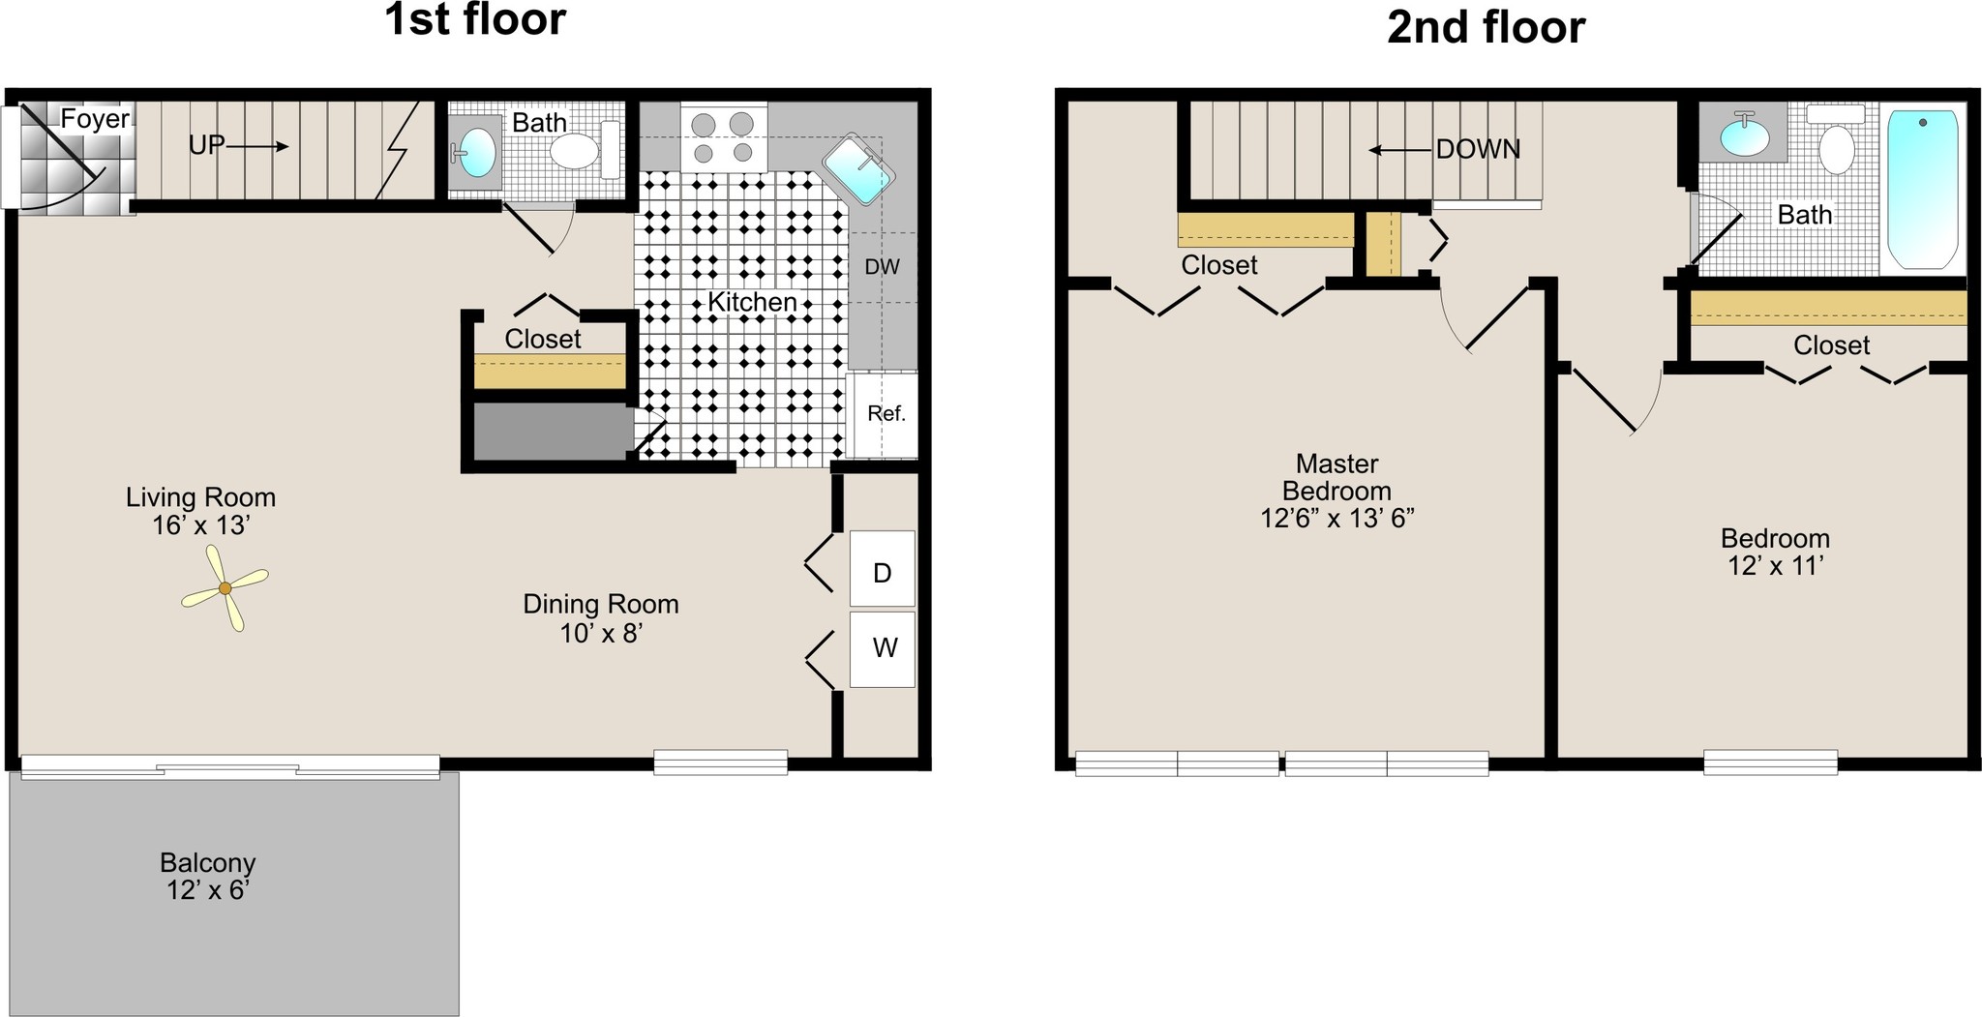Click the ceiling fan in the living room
click(225, 587)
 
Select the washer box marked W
click(882, 649)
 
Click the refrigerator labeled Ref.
click(882, 415)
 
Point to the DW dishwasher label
click(882, 267)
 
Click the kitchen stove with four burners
click(724, 136)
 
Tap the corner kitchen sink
click(858, 169)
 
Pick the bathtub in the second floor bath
click(1922, 189)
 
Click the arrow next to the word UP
click(258, 146)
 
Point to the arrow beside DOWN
click(1399, 150)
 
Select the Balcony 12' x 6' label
click(208, 876)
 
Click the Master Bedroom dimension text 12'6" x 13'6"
click(1337, 519)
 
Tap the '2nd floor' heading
click(1486, 27)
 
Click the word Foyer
click(95, 119)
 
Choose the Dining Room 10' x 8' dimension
click(602, 634)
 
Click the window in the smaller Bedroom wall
click(1770, 763)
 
